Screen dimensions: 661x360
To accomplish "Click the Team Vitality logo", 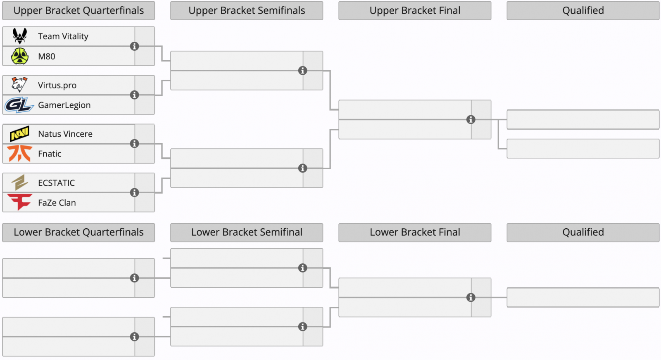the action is (x=20, y=36).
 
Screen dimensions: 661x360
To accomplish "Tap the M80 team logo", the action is (x=20, y=56).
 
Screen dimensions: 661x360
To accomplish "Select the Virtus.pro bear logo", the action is (x=19, y=85).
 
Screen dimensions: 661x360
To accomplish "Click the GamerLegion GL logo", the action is (x=19, y=105).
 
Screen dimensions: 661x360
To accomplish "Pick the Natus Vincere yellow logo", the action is (x=19, y=134).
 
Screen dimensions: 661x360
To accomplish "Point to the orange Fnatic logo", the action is (x=20, y=153).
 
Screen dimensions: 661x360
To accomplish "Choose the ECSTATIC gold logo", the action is (x=20, y=182).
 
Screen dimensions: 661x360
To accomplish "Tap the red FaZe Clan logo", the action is (x=20, y=202).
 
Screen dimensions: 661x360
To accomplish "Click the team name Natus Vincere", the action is (x=65, y=134).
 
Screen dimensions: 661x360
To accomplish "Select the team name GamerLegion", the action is (x=64, y=105).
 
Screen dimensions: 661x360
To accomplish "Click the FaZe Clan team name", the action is (x=57, y=203).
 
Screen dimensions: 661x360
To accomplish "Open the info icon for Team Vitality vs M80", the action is (x=135, y=46).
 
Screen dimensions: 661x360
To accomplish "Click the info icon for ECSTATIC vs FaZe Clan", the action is (x=135, y=192).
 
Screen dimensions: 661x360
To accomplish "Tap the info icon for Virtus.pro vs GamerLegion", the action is (x=135, y=95).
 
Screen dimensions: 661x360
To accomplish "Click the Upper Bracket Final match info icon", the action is (x=471, y=120).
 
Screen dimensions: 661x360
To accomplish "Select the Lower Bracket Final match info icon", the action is (x=471, y=298).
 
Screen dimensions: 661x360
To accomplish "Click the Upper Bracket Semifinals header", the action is (x=247, y=11).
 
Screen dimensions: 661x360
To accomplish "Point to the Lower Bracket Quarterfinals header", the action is (x=78, y=232).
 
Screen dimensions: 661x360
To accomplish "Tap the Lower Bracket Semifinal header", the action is (x=247, y=232).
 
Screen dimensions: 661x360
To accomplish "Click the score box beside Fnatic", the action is (x=145, y=154).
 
